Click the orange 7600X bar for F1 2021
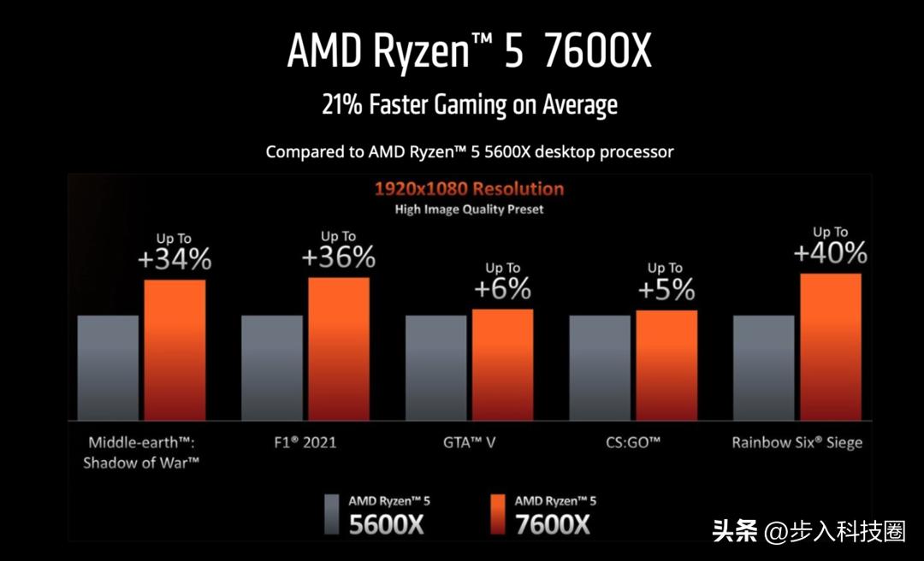click(x=339, y=348)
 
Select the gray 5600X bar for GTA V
click(x=435, y=368)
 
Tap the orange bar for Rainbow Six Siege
click(x=831, y=346)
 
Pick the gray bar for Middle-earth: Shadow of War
click(x=108, y=368)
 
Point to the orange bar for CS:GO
click(x=666, y=365)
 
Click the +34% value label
click(x=175, y=259)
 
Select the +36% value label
click(x=339, y=256)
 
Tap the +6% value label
click(x=502, y=289)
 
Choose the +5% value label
click(x=666, y=290)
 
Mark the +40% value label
click(x=830, y=253)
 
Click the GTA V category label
click(x=469, y=443)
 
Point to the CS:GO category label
click(x=633, y=443)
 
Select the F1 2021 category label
click(x=305, y=443)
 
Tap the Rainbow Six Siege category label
click(x=797, y=443)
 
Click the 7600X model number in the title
click(x=598, y=53)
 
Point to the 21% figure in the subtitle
click(x=341, y=105)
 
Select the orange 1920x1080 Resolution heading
click(x=469, y=188)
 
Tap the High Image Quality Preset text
click(x=469, y=209)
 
